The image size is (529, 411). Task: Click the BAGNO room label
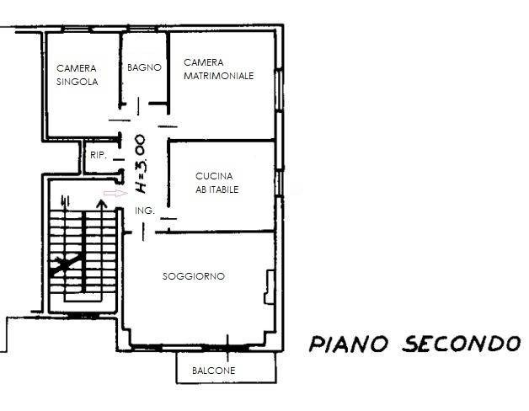[144, 67]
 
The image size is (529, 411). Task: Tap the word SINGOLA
[77, 82]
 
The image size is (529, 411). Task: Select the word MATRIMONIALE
[219, 76]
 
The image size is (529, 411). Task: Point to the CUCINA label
[214, 176]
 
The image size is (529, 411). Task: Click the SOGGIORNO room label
[194, 276]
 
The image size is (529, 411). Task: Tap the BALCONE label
[214, 371]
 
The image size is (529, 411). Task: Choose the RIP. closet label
[99, 156]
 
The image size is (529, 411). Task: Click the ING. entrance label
[144, 211]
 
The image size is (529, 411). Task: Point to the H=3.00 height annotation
[140, 164]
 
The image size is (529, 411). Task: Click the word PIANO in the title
[349, 344]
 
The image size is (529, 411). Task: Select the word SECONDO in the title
[461, 344]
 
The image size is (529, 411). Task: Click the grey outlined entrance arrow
[115, 193]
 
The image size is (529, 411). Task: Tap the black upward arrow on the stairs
[101, 205]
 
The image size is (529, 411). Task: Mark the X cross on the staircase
[67, 264]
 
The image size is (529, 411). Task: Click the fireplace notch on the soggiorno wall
[270, 287]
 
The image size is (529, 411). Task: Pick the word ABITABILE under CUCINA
[217, 189]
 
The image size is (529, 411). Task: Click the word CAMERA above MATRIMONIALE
[204, 62]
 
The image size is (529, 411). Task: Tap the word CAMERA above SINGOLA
[77, 68]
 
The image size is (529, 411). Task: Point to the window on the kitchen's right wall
[279, 183]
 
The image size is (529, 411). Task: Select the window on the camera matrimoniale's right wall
[279, 89]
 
